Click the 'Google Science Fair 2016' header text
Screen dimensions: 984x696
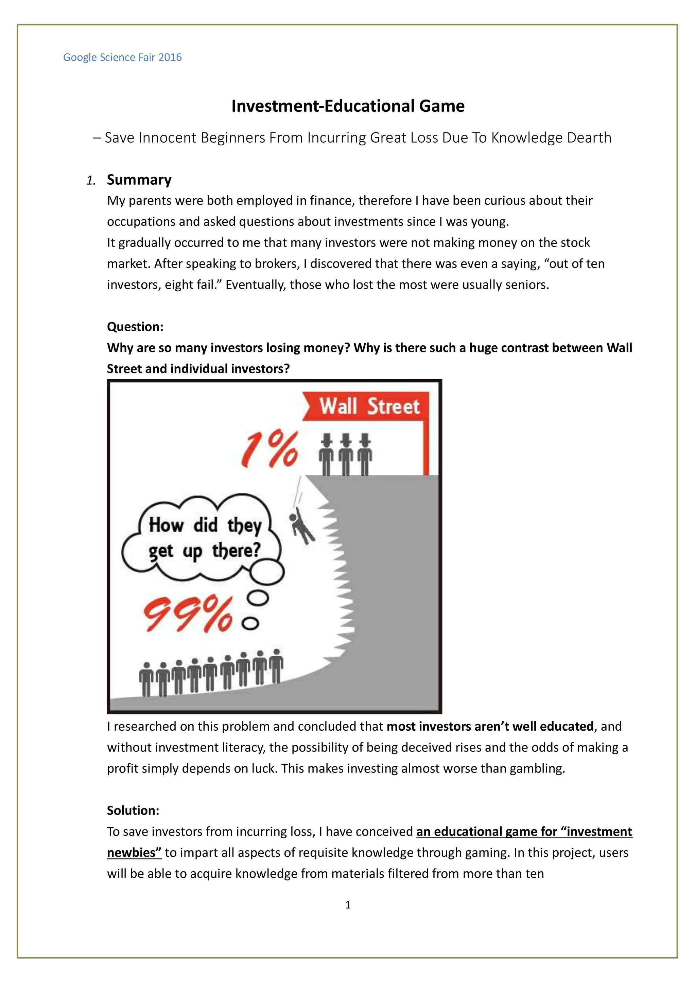click(122, 57)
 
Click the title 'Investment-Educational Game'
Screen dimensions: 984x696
click(348, 106)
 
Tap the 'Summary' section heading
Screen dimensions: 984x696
click(139, 180)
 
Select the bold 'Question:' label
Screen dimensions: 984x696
click(135, 327)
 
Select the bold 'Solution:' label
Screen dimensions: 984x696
click(133, 810)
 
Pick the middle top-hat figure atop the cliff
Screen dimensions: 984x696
click(346, 454)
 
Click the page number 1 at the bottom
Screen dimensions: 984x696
click(348, 905)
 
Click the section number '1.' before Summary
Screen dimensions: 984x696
click(90, 180)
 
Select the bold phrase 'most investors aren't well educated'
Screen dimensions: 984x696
click(490, 726)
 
